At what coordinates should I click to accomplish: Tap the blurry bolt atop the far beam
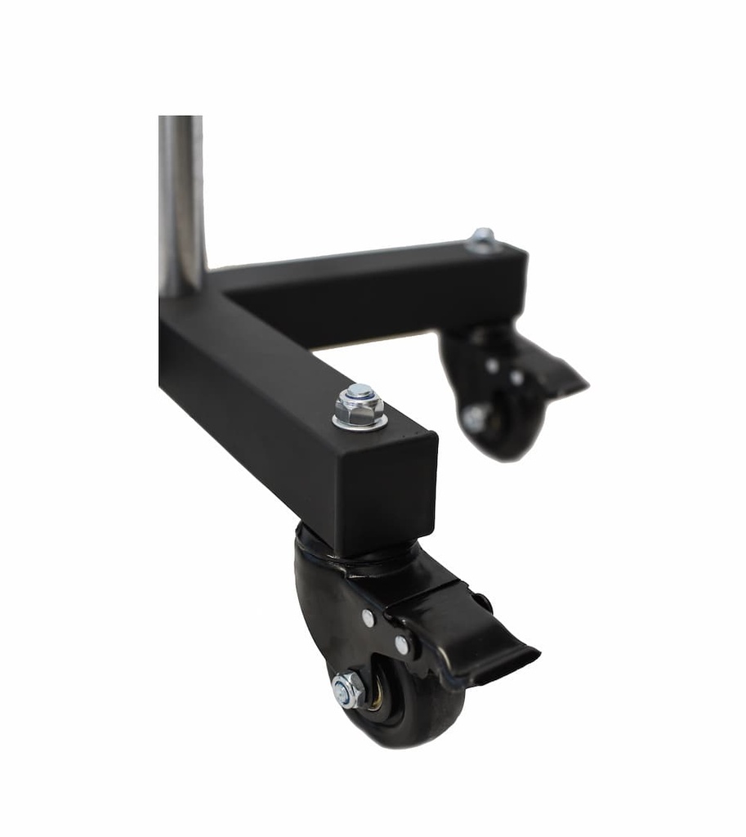coord(482,239)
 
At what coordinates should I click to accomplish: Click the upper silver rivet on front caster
coord(369,618)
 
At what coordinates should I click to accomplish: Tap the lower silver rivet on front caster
coord(402,645)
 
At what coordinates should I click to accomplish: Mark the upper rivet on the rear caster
coord(492,366)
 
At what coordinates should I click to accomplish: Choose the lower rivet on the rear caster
coord(517,378)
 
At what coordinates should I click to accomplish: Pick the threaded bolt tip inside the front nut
coord(360,392)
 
